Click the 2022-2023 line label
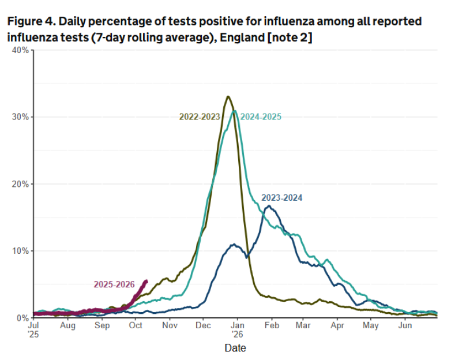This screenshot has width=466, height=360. (200, 117)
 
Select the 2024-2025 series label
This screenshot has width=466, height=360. (261, 117)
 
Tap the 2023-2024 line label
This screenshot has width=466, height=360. (281, 198)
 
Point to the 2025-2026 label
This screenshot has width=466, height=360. (114, 284)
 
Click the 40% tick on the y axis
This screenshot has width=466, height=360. (20, 50)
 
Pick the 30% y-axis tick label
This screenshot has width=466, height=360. (20, 117)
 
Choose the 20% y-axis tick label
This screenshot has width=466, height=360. (20, 184)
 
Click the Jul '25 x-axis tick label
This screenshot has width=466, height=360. (34, 330)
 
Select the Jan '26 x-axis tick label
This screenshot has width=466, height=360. (238, 330)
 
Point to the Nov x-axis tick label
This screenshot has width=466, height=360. (169, 326)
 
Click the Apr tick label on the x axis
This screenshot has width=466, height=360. (337, 326)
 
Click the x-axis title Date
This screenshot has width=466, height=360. (235, 348)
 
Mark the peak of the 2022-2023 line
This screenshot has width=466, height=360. (228, 96)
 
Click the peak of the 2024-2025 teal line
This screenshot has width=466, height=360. (235, 111)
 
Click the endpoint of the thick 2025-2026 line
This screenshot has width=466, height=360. (146, 281)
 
